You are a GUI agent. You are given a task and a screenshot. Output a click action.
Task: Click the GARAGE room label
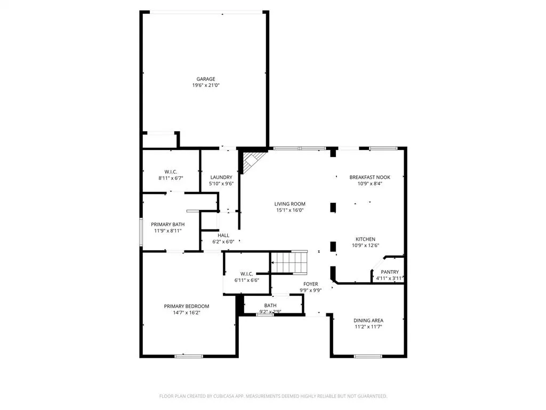coord(205,79)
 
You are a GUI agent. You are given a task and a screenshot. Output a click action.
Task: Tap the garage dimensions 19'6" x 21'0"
coord(205,85)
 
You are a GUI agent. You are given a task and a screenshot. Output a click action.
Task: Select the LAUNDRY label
coord(221,177)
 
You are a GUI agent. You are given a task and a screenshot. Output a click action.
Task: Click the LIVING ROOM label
coord(290,204)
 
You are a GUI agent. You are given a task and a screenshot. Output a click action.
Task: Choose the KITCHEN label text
coord(366,239)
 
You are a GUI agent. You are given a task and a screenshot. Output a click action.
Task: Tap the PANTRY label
coord(389,272)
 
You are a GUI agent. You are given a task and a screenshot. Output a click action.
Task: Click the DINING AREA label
coord(368,320)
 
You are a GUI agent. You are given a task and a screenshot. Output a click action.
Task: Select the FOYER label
coord(311,284)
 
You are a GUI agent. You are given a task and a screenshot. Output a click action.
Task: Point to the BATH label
coord(270,305)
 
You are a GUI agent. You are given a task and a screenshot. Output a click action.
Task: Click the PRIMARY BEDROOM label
coord(186,306)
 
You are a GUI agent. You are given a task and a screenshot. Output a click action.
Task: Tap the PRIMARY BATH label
coord(168,224)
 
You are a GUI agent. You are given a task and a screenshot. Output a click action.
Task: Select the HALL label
coord(223,235)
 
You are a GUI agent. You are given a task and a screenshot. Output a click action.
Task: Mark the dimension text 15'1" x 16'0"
coord(290,210)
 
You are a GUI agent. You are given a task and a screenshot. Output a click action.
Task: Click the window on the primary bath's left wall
coord(141,232)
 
